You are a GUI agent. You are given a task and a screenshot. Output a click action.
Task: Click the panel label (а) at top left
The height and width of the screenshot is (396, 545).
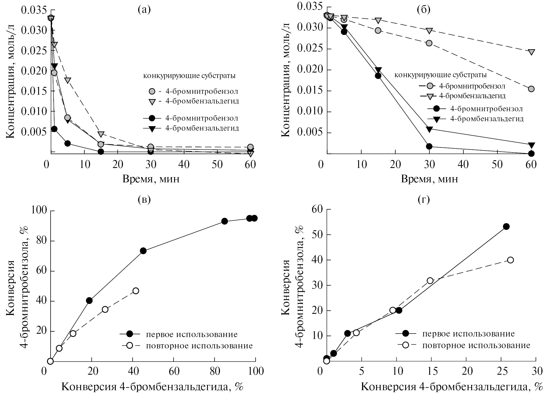pos(144,10)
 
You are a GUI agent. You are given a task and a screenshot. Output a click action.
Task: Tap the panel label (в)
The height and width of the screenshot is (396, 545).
pos(144,200)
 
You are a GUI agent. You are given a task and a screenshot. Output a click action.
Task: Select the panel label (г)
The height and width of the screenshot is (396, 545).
pos(423,200)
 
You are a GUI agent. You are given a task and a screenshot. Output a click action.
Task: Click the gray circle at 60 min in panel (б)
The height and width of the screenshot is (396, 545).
pos(531,89)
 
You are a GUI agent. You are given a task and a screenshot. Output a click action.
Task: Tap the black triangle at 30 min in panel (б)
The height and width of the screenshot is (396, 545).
pos(429,129)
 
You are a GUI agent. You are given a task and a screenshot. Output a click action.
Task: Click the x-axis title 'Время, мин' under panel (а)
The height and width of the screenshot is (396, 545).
pos(151,179)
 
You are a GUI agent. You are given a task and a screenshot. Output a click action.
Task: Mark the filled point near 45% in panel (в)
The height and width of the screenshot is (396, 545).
pos(143,251)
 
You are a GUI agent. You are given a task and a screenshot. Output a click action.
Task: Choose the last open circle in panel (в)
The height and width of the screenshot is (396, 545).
pos(136,291)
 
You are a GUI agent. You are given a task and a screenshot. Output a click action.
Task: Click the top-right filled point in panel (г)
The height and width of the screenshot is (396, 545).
pos(506,226)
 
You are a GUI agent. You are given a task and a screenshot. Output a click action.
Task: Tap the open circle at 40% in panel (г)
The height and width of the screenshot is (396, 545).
pos(510,260)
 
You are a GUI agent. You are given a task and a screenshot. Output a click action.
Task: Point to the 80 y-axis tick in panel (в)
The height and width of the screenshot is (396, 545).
pos(41,241)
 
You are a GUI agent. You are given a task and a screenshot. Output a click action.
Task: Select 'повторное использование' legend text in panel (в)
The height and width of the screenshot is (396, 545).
pos(199,346)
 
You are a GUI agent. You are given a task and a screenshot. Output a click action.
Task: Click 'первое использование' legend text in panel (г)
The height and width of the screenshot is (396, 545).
pos(468,334)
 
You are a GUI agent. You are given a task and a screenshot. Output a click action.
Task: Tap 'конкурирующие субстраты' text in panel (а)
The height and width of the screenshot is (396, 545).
pos(189,76)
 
